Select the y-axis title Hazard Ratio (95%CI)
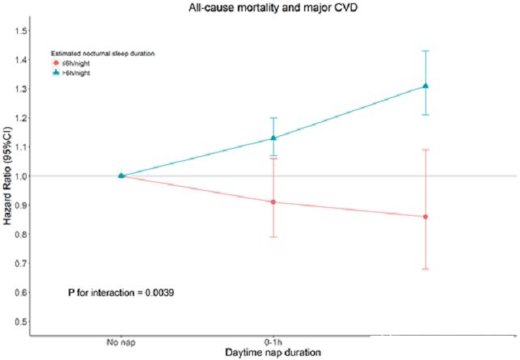point(9,176)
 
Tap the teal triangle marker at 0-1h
point(273,138)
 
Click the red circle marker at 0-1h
point(273,202)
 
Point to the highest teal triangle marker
point(425,86)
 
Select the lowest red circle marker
point(425,217)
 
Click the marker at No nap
point(120,176)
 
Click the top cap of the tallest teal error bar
point(425,51)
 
